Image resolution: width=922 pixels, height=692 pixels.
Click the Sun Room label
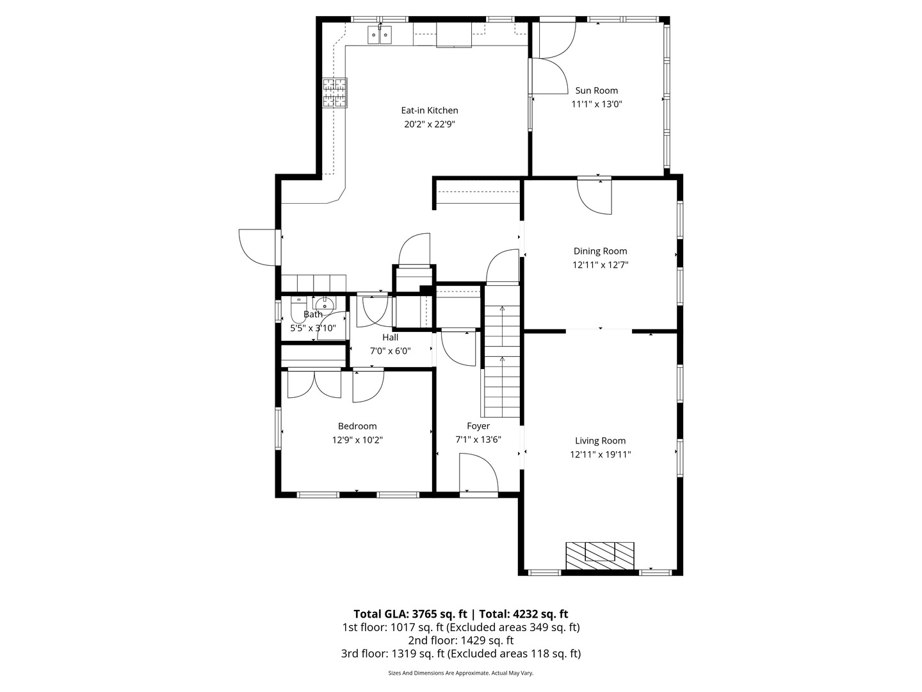[596, 90]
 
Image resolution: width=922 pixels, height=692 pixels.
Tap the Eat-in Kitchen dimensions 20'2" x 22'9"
[429, 124]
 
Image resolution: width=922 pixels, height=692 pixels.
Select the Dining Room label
[600, 251]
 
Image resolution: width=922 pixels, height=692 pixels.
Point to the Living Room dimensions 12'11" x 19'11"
[600, 454]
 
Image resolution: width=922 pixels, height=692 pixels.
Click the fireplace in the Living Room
[599, 556]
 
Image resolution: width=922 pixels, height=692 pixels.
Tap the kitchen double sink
[380, 35]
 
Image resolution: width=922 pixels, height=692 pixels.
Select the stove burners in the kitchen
[335, 93]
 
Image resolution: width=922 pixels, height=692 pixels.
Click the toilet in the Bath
[298, 309]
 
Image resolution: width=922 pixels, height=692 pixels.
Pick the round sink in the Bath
[324, 304]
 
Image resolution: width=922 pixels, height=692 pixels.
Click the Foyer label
[478, 426]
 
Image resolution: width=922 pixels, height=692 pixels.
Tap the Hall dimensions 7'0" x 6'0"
[390, 351]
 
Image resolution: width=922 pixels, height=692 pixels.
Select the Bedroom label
[357, 426]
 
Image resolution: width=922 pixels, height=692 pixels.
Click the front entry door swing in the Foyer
[478, 472]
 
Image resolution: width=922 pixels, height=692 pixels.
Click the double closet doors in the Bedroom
[314, 384]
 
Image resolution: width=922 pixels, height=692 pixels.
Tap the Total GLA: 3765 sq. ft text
[410, 614]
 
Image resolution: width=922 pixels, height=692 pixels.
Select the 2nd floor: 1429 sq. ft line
[460, 640]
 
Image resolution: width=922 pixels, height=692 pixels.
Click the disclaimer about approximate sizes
[460, 673]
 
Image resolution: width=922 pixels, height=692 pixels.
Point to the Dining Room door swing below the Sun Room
[594, 197]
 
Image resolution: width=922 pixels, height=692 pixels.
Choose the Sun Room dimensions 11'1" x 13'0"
[597, 104]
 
